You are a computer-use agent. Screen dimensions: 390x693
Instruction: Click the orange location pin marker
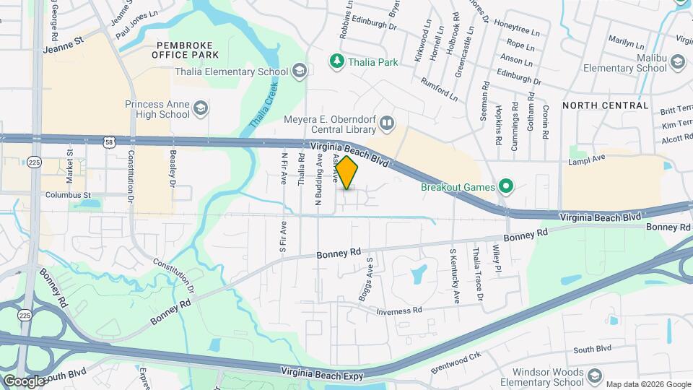(346, 173)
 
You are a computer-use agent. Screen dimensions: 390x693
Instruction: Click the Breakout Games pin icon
(506, 188)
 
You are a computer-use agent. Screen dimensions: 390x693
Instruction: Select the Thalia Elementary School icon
(300, 71)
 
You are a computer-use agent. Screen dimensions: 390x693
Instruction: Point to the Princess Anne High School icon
(201, 109)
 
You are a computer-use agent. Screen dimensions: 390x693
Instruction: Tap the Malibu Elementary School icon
(677, 63)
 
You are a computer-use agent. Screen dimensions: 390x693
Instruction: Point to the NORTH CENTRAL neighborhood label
(605, 105)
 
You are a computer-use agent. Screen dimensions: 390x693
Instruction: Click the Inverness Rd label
(398, 311)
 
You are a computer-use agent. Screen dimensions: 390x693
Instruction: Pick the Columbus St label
(68, 195)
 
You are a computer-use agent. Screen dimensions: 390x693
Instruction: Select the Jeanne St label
(64, 41)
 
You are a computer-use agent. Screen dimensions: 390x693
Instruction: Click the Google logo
(24, 381)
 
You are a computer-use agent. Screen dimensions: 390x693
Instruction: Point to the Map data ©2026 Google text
(647, 384)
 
